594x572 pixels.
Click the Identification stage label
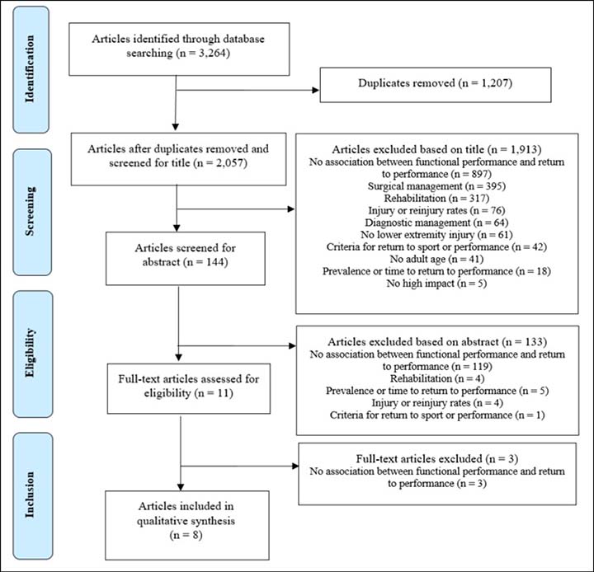[30, 69]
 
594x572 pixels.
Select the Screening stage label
[30, 211]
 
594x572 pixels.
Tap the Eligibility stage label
[30, 353]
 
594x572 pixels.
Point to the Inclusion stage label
[30, 495]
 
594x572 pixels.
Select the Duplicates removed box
[436, 85]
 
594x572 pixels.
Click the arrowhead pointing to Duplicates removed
[315, 90]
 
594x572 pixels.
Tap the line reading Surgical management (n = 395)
[436, 186]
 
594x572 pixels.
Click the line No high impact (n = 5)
[436, 284]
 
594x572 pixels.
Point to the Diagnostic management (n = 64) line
[436, 223]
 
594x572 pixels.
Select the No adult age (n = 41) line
[436, 259]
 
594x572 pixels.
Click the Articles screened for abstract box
[186, 259]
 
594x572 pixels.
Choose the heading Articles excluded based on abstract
[413, 342]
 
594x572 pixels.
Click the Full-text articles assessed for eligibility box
[189, 388]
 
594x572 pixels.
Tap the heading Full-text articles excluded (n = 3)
[436, 459]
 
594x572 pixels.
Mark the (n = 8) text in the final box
[186, 535]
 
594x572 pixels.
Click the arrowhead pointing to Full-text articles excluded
[295, 466]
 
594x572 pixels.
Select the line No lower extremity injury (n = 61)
[436, 235]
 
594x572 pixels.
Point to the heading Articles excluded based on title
[408, 149]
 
